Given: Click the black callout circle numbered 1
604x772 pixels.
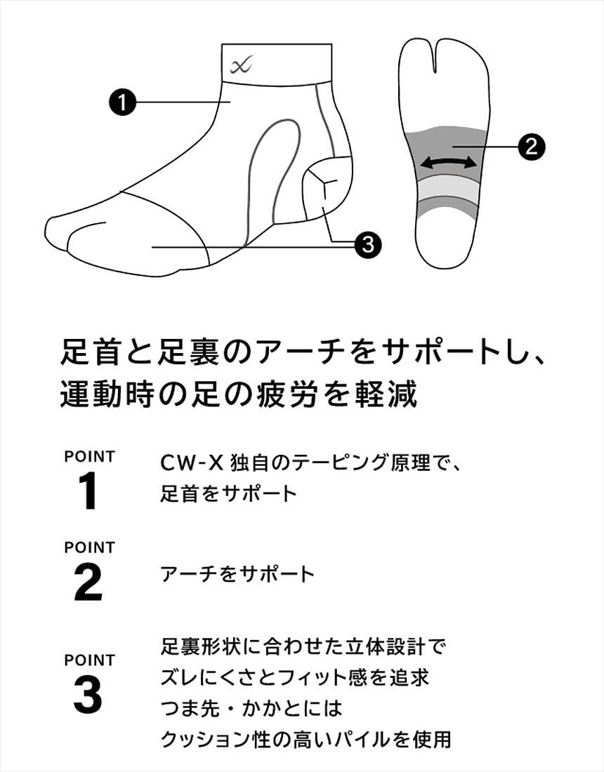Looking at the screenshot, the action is point(122,102).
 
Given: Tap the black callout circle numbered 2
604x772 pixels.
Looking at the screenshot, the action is point(531,146).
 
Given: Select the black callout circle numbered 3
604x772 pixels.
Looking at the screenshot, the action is point(368,244).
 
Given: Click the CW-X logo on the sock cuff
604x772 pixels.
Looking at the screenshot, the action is point(241,65).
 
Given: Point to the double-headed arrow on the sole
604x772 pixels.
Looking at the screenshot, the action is point(448,163).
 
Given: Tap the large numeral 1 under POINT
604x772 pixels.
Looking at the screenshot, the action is point(88,491).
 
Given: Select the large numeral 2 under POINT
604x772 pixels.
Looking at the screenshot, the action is point(88,583).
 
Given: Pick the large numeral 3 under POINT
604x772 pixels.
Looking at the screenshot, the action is point(88,695).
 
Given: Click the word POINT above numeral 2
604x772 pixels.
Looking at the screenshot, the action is point(89,547).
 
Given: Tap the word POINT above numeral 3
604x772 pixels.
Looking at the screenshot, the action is point(89,660).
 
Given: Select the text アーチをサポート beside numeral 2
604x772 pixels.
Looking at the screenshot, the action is point(237,574).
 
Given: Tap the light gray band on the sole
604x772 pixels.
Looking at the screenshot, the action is point(448,191).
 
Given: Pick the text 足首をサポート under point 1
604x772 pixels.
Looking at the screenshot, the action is point(228,493).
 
